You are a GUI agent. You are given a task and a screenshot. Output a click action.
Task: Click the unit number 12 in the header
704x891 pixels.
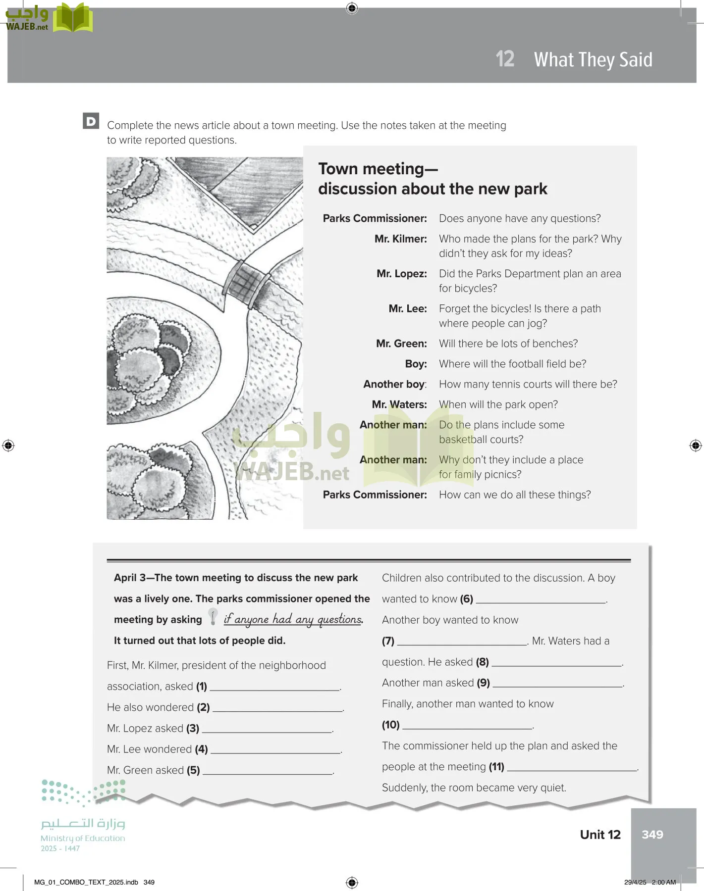[x=505, y=59]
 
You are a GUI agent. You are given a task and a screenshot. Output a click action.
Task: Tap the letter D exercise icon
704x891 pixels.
[x=91, y=121]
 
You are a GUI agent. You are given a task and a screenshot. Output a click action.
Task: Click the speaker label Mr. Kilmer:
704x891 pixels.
[x=400, y=239]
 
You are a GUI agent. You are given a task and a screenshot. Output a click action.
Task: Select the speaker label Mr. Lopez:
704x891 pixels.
[x=401, y=274]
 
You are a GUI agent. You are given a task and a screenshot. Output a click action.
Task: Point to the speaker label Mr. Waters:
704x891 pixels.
[x=399, y=404]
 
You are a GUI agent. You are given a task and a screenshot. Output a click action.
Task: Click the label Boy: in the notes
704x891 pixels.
[x=416, y=364]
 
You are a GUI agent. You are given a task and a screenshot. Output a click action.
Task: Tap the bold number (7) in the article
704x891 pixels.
[x=388, y=641]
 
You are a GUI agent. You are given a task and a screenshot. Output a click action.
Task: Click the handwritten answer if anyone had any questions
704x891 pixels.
[x=293, y=619]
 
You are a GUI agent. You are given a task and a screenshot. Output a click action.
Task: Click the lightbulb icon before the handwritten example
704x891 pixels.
[x=213, y=617]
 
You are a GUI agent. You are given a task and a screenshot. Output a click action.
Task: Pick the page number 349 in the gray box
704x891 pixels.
[x=652, y=835]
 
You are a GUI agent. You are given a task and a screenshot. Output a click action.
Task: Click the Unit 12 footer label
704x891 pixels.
[x=600, y=835]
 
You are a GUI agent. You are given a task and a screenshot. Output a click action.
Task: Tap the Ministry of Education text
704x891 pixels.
[x=83, y=838]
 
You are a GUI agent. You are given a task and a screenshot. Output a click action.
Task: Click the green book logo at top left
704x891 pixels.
[x=73, y=18]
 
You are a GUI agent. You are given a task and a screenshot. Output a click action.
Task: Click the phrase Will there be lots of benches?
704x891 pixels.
[x=508, y=344]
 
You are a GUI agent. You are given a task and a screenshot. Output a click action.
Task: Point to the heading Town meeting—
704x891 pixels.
[x=378, y=169]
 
